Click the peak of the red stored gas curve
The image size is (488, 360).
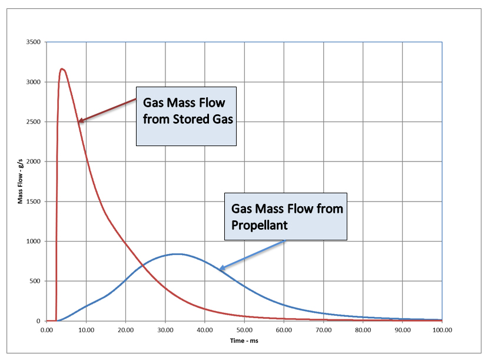point(62,69)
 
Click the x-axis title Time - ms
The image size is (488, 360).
point(244,341)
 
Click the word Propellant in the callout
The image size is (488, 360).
point(254,224)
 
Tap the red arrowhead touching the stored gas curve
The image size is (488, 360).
point(81,121)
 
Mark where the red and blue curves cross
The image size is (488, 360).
point(143,266)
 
